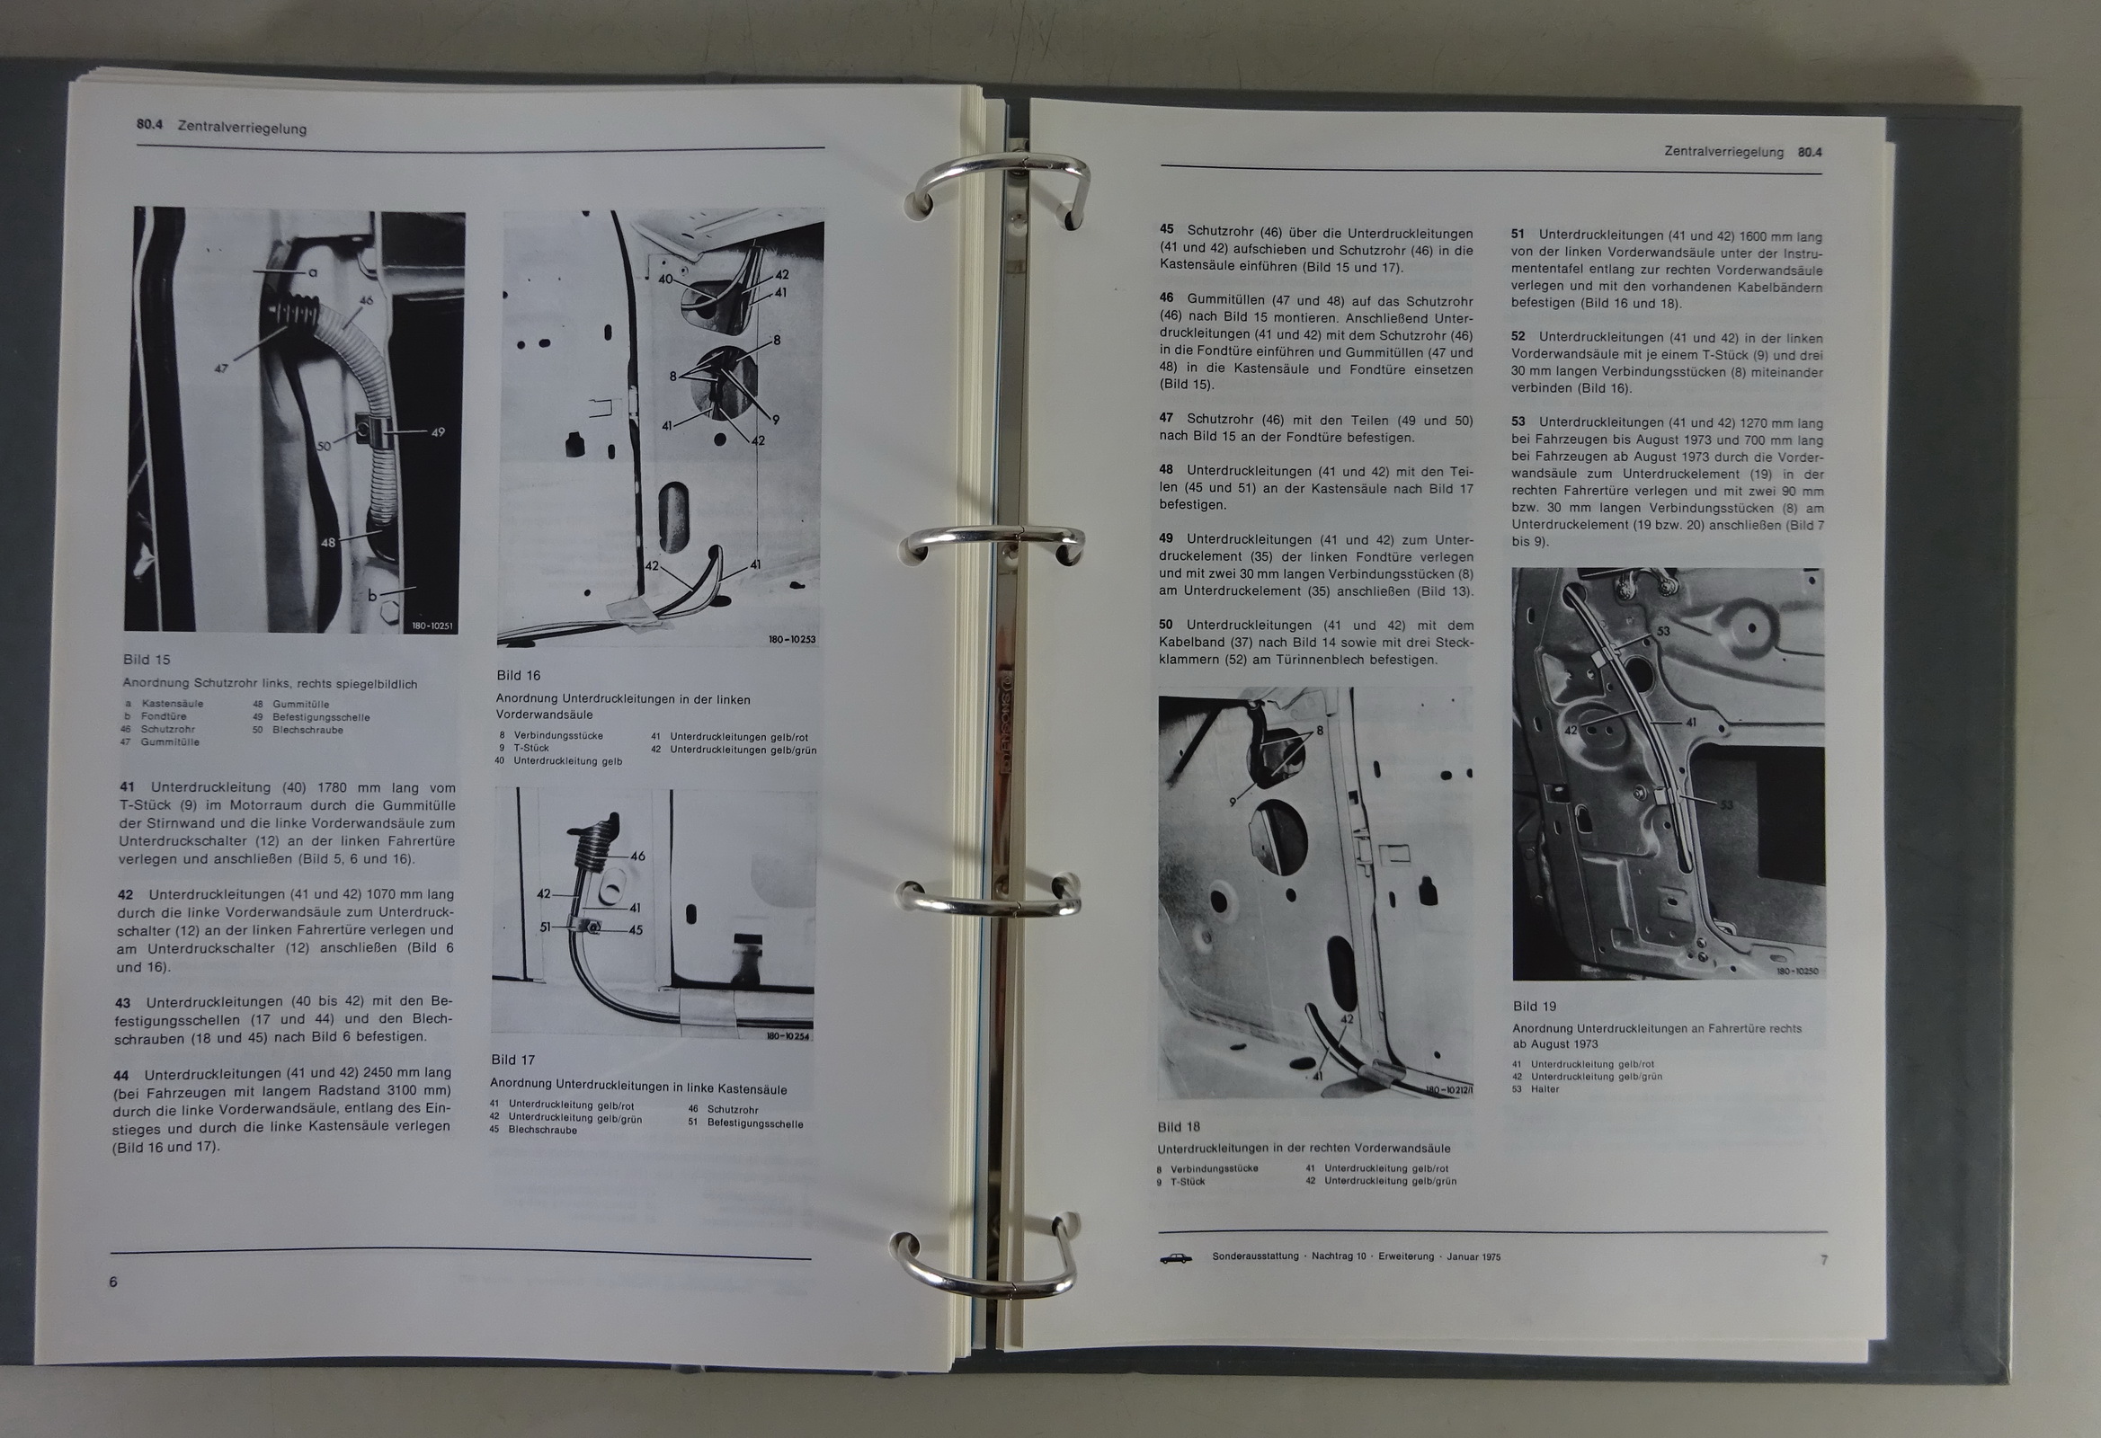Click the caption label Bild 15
point(147,660)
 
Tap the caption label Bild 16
point(518,675)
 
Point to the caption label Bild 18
point(1179,1127)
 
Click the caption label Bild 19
point(1535,1006)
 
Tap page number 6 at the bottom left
point(113,1282)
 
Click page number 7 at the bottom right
point(1823,1259)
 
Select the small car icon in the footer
point(1175,1258)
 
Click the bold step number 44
point(122,1076)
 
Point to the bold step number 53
point(1518,422)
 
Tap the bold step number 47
point(1166,419)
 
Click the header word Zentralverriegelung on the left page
point(241,128)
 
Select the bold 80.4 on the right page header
point(1810,153)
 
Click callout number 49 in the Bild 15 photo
point(438,432)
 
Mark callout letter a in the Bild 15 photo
point(312,271)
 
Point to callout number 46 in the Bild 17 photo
point(638,856)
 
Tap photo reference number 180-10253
point(792,640)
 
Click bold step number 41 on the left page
point(128,788)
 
